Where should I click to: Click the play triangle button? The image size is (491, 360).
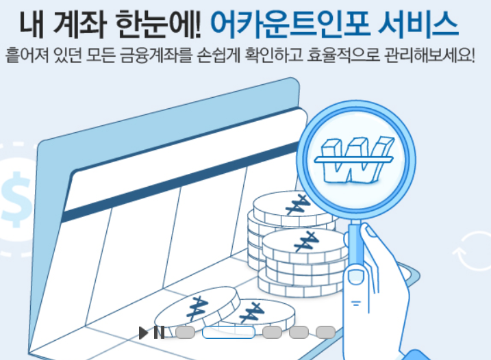click(x=143, y=333)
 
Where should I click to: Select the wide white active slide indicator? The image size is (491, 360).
click(x=228, y=333)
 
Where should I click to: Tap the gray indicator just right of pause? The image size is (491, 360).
click(x=185, y=333)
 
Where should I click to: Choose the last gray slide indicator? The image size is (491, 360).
click(x=325, y=333)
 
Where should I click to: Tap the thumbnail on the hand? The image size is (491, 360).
click(x=355, y=276)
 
